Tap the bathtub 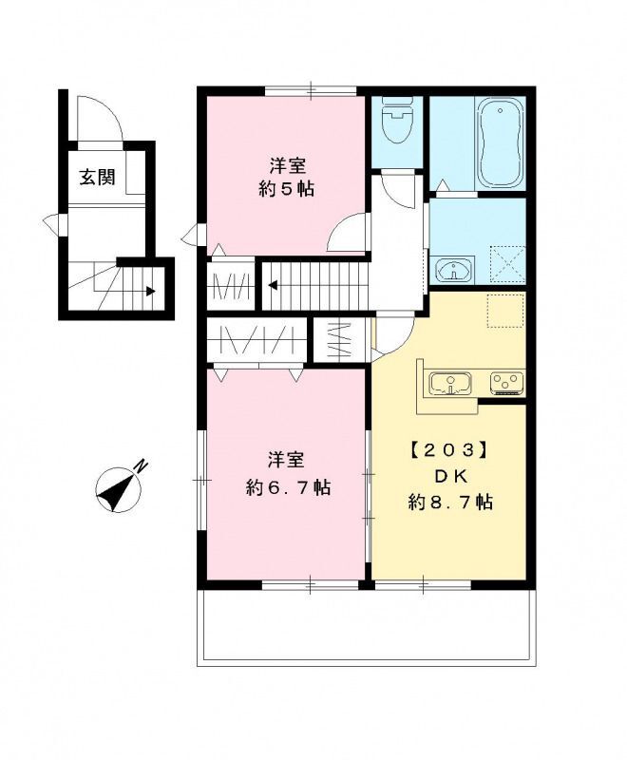(x=501, y=142)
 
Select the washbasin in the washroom (x=454, y=269)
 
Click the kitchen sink (x=450, y=384)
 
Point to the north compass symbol (x=121, y=486)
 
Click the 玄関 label (x=98, y=178)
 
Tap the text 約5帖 (x=286, y=188)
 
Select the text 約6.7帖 (x=288, y=486)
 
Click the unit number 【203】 (x=448, y=450)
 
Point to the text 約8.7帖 (x=450, y=503)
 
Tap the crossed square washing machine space (x=507, y=264)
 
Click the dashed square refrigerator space (x=505, y=311)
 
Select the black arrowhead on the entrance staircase (x=151, y=292)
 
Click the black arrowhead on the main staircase (x=273, y=284)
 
